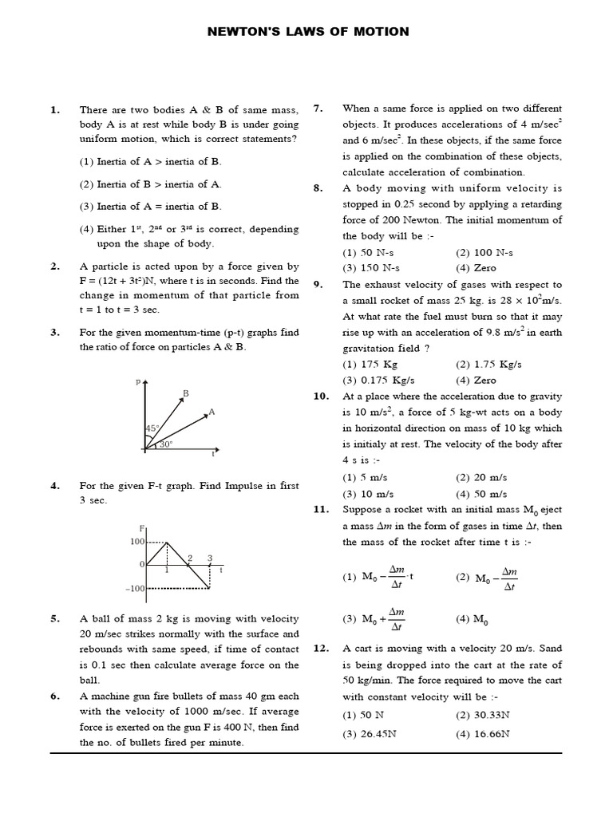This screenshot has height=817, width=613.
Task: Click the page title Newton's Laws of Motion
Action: point(308,32)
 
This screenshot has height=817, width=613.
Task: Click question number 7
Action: point(317,109)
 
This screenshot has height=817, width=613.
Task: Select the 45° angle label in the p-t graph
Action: point(152,429)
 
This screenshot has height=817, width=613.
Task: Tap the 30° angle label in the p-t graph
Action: point(166,444)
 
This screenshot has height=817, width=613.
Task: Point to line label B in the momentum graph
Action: point(185,393)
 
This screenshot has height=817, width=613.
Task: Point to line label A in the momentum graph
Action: point(212,412)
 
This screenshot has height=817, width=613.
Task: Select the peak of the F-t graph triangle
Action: point(166,543)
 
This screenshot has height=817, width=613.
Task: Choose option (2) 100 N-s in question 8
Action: point(485,252)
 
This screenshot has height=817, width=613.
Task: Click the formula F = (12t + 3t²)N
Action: point(132,281)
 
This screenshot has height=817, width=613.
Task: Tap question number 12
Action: point(321,649)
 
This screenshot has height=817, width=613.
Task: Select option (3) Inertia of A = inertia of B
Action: point(150,206)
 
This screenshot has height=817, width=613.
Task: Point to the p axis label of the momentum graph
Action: point(138,383)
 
